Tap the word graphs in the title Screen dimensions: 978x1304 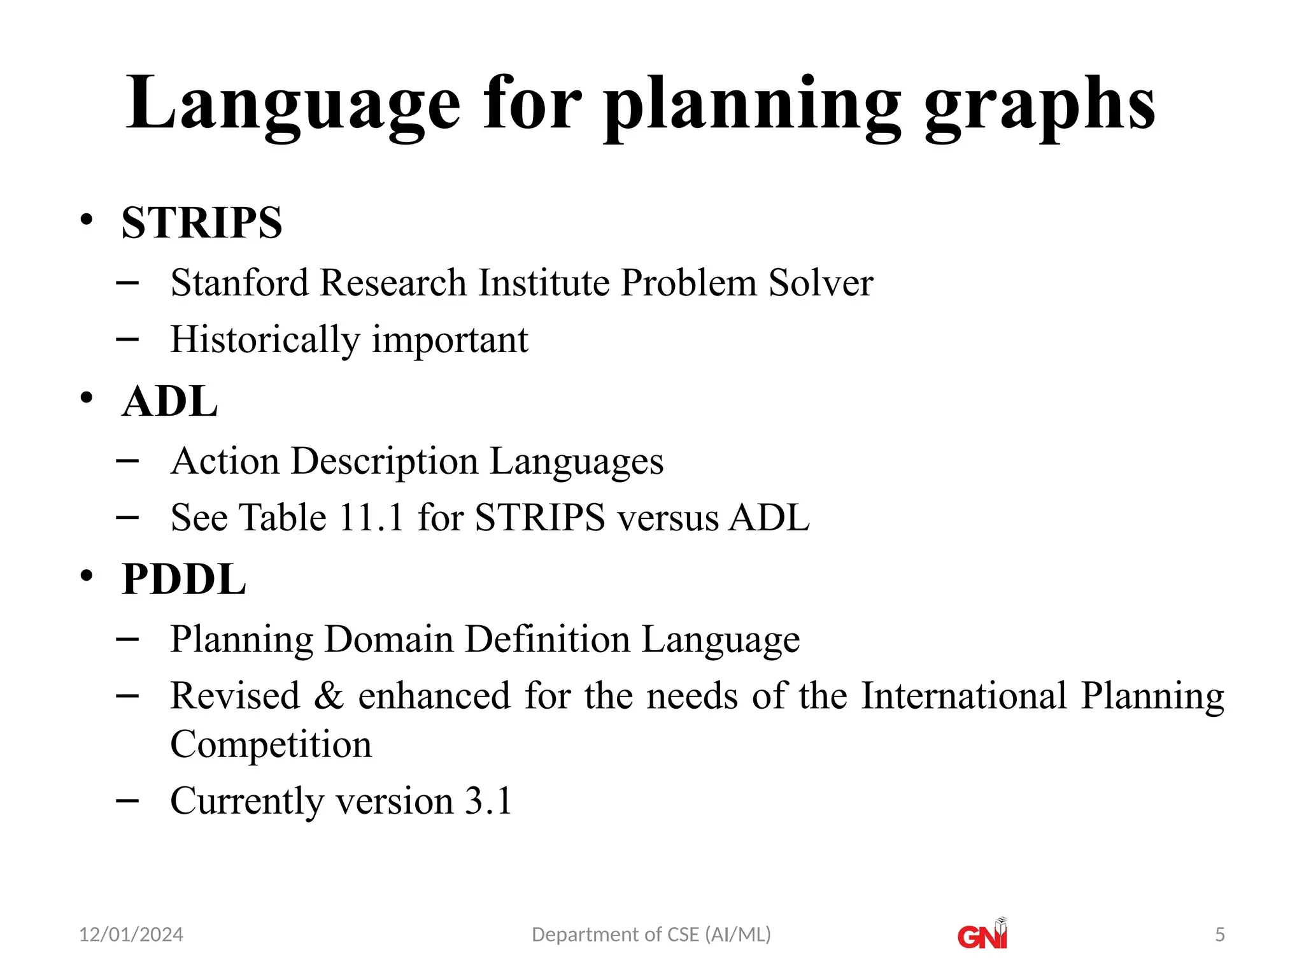[1039, 105]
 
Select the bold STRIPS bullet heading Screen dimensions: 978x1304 [202, 223]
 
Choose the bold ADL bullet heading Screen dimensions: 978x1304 [170, 402]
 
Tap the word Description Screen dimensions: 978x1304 [385, 461]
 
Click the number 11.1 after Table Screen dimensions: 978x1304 [371, 517]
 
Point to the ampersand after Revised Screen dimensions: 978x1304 [329, 695]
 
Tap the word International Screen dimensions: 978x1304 [963, 695]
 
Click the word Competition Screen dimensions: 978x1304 [271, 744]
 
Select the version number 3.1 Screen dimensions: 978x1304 [488, 801]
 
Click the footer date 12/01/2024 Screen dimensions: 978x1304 [131, 935]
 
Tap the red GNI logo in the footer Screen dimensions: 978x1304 [982, 935]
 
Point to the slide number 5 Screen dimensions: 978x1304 [1219, 935]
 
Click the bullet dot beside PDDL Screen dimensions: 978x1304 [87, 576]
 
